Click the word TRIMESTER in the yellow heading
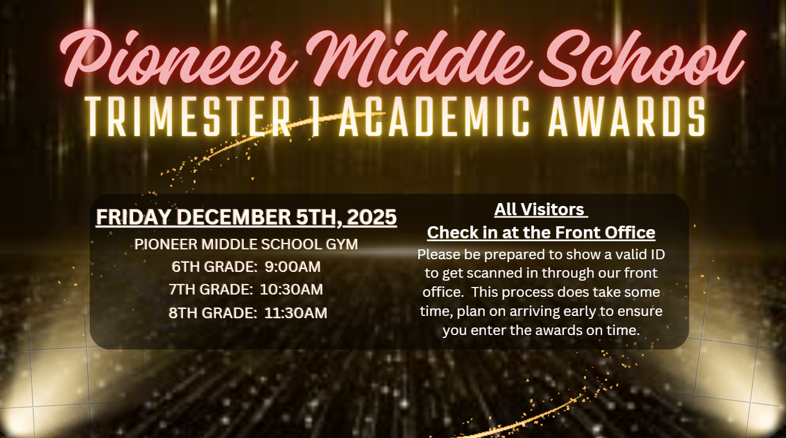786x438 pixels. click(x=188, y=117)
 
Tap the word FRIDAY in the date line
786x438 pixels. click(x=134, y=217)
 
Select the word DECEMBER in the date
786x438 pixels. click(x=233, y=217)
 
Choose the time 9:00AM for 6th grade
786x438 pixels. click(x=293, y=267)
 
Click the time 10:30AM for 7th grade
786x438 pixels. click(x=291, y=290)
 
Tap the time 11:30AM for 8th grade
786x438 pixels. click(x=295, y=313)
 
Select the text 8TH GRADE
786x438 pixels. click(x=213, y=313)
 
